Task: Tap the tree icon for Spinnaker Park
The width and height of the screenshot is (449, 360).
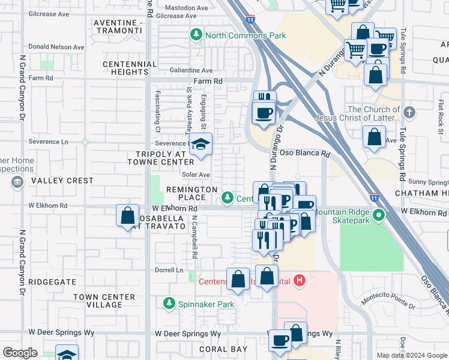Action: tap(169, 304)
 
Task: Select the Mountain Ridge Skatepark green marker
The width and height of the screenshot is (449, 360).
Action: tap(378, 214)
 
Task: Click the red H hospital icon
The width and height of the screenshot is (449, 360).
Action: tap(300, 280)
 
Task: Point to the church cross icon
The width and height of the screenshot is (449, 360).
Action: tap(409, 112)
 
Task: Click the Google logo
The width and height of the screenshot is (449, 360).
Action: tap(19, 353)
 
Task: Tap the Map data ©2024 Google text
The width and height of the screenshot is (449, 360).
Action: tap(411, 355)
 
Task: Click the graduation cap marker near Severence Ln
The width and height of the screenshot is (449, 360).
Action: tap(200, 145)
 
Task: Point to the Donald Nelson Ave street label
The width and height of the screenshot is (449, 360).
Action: tap(56, 47)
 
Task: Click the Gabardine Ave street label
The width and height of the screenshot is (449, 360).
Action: tap(190, 70)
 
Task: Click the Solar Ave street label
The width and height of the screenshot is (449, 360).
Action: tap(196, 175)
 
